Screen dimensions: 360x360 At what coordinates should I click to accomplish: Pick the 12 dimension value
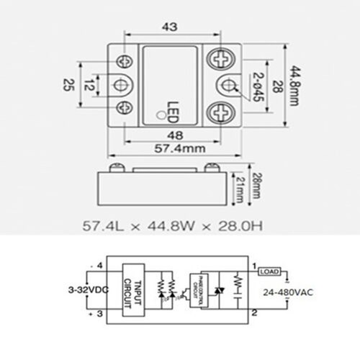tap(86, 85)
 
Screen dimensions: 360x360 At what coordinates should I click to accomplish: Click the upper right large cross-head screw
tap(221, 58)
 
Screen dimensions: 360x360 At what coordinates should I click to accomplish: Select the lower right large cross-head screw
tap(221, 112)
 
